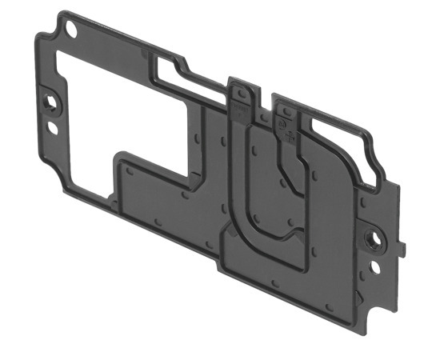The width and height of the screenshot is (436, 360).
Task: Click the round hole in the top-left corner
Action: [x=71, y=29]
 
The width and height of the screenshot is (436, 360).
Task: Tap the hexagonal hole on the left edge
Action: [x=51, y=103]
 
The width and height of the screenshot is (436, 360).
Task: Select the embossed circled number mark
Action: [x=281, y=125]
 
